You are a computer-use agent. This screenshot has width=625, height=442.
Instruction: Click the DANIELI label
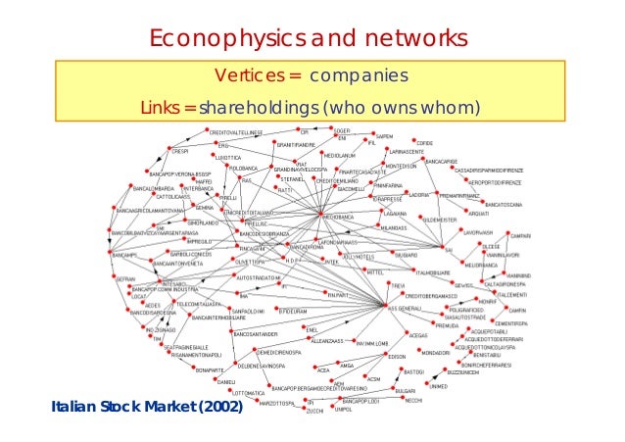pyautogui.click(x=226, y=381)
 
